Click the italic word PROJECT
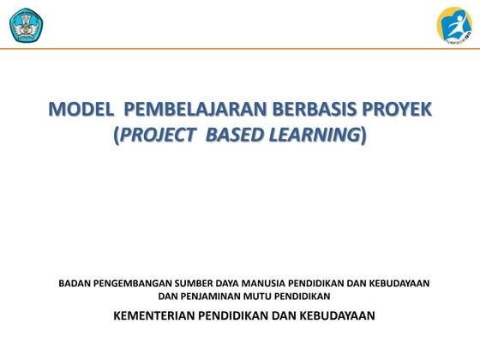click(160, 136)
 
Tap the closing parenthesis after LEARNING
click(363, 136)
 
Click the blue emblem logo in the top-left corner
click(26, 24)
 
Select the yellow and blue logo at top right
click(453, 24)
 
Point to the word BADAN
click(75, 283)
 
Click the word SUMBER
click(199, 283)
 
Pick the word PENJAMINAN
click(217, 296)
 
